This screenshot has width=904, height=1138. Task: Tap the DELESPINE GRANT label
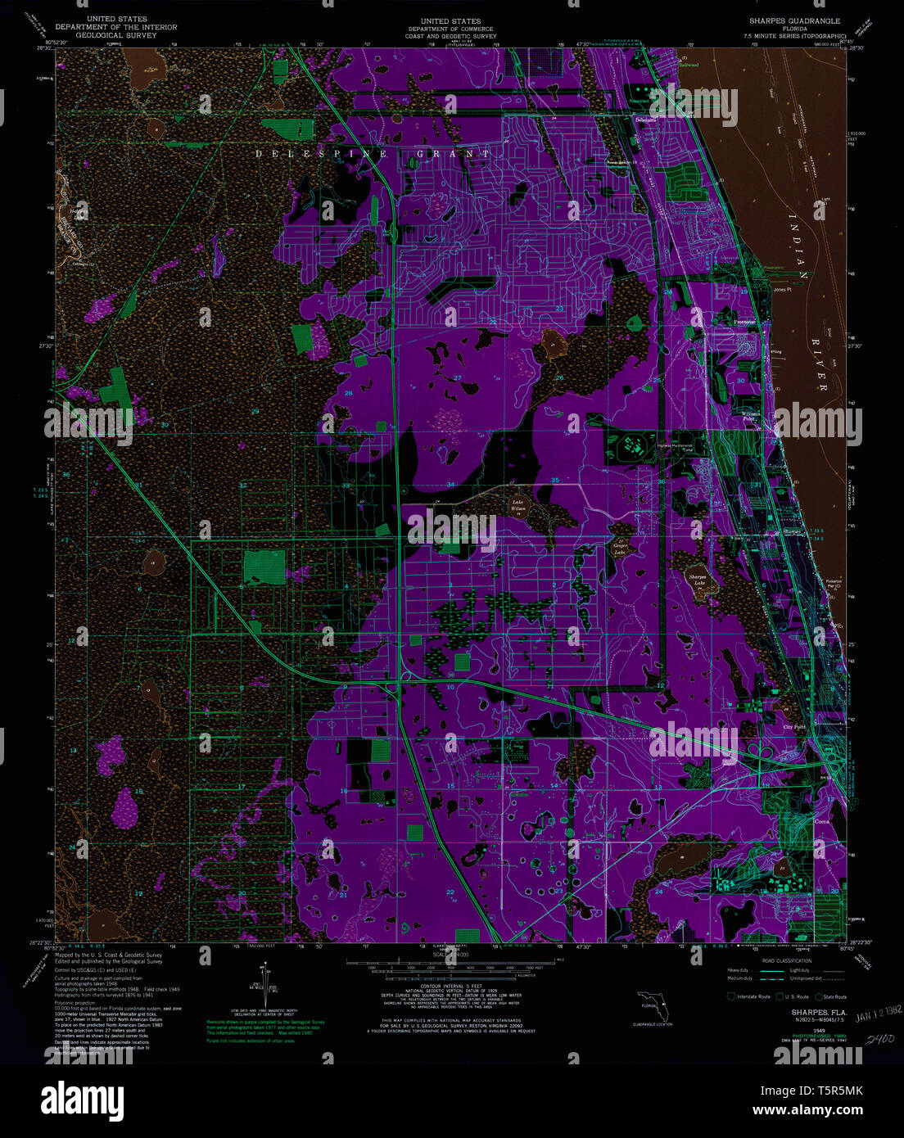tap(373, 154)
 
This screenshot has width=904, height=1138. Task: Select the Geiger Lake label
tap(621, 548)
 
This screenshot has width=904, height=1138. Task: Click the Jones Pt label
tap(782, 289)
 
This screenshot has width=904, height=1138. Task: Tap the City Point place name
tap(794, 726)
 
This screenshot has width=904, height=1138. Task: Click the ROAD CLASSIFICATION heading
tap(785, 960)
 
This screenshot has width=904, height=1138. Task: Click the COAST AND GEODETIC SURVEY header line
tap(450, 36)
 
